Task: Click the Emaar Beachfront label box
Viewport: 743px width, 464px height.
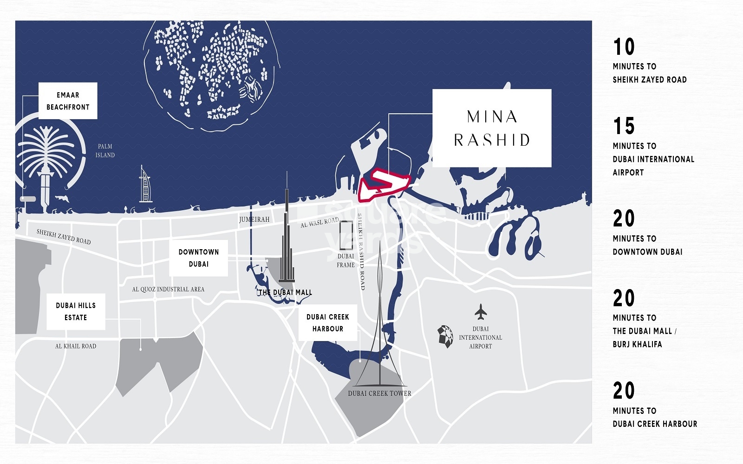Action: [68, 101]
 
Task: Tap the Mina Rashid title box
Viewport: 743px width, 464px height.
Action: [492, 128]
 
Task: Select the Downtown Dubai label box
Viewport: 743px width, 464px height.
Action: [198, 258]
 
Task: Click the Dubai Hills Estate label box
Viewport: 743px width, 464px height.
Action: [76, 311]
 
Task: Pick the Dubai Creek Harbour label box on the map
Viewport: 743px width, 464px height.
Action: [327, 322]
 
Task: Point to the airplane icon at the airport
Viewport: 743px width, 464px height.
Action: [481, 312]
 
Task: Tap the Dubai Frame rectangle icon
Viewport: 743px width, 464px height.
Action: [346, 236]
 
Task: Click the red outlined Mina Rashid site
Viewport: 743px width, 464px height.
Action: [384, 185]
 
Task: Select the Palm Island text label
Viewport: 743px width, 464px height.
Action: [105, 151]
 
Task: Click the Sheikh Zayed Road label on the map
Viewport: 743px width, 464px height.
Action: [64, 237]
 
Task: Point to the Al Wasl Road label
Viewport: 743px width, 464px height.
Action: [319, 223]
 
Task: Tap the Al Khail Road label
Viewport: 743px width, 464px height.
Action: [76, 346]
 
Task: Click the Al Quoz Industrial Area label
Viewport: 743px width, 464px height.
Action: [168, 289]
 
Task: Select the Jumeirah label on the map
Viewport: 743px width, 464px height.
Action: [254, 219]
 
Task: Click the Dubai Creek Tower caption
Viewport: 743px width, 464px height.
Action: [379, 393]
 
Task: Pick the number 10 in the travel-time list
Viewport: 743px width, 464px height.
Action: [624, 47]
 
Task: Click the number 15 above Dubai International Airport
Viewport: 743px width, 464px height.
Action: [624, 126]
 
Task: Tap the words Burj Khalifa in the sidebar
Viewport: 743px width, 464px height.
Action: [637, 344]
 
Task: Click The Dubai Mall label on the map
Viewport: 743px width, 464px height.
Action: [285, 292]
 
